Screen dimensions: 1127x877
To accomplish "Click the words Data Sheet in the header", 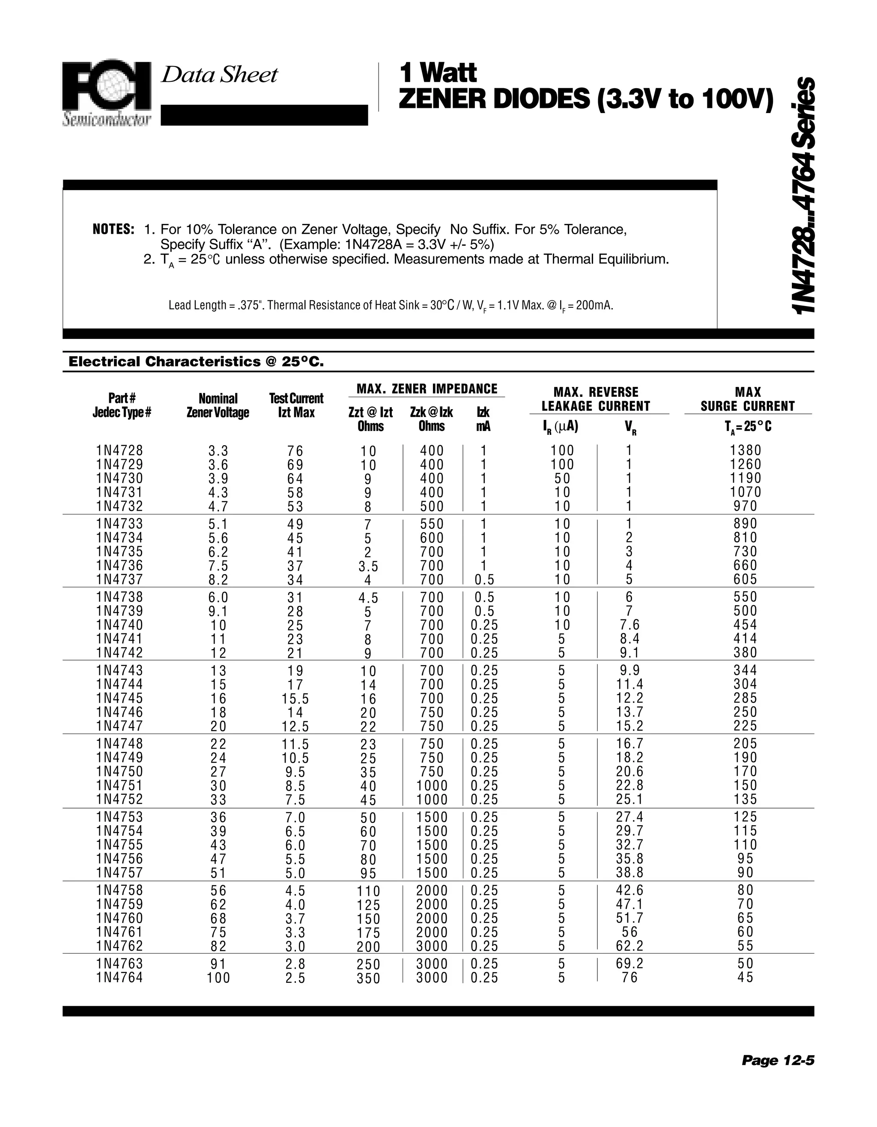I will (219, 75).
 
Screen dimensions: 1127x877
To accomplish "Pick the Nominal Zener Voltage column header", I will (218, 406).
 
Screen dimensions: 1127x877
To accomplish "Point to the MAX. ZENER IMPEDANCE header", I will (427, 389).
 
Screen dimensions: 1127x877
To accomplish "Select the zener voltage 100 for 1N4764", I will (218, 978).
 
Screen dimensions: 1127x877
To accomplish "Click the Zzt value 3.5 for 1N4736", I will (368, 567).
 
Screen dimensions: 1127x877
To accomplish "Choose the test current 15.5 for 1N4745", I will (296, 699).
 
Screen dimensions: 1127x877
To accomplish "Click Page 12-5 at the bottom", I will (777, 1060).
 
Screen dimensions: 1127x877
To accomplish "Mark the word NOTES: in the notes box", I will (113, 229).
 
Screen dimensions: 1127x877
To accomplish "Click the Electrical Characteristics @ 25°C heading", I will (196, 362).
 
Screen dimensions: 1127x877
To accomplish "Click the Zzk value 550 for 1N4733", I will (432, 524).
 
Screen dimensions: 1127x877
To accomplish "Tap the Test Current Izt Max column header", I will (296, 406).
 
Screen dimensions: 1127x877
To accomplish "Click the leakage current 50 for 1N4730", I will (561, 479).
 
